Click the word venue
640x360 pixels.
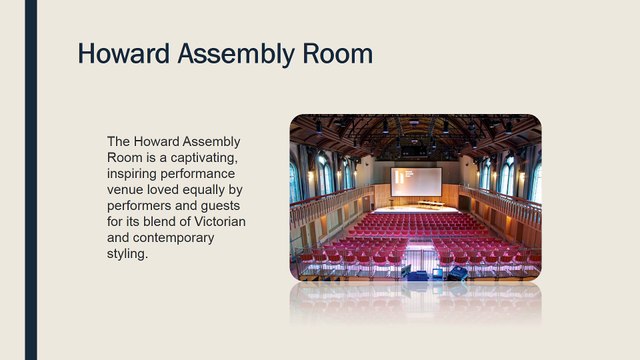(x=127, y=190)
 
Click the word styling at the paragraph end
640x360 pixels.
(x=127, y=254)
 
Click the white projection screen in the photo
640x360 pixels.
(x=416, y=181)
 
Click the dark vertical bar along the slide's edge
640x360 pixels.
(x=31, y=180)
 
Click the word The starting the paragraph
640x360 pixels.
(x=119, y=142)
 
